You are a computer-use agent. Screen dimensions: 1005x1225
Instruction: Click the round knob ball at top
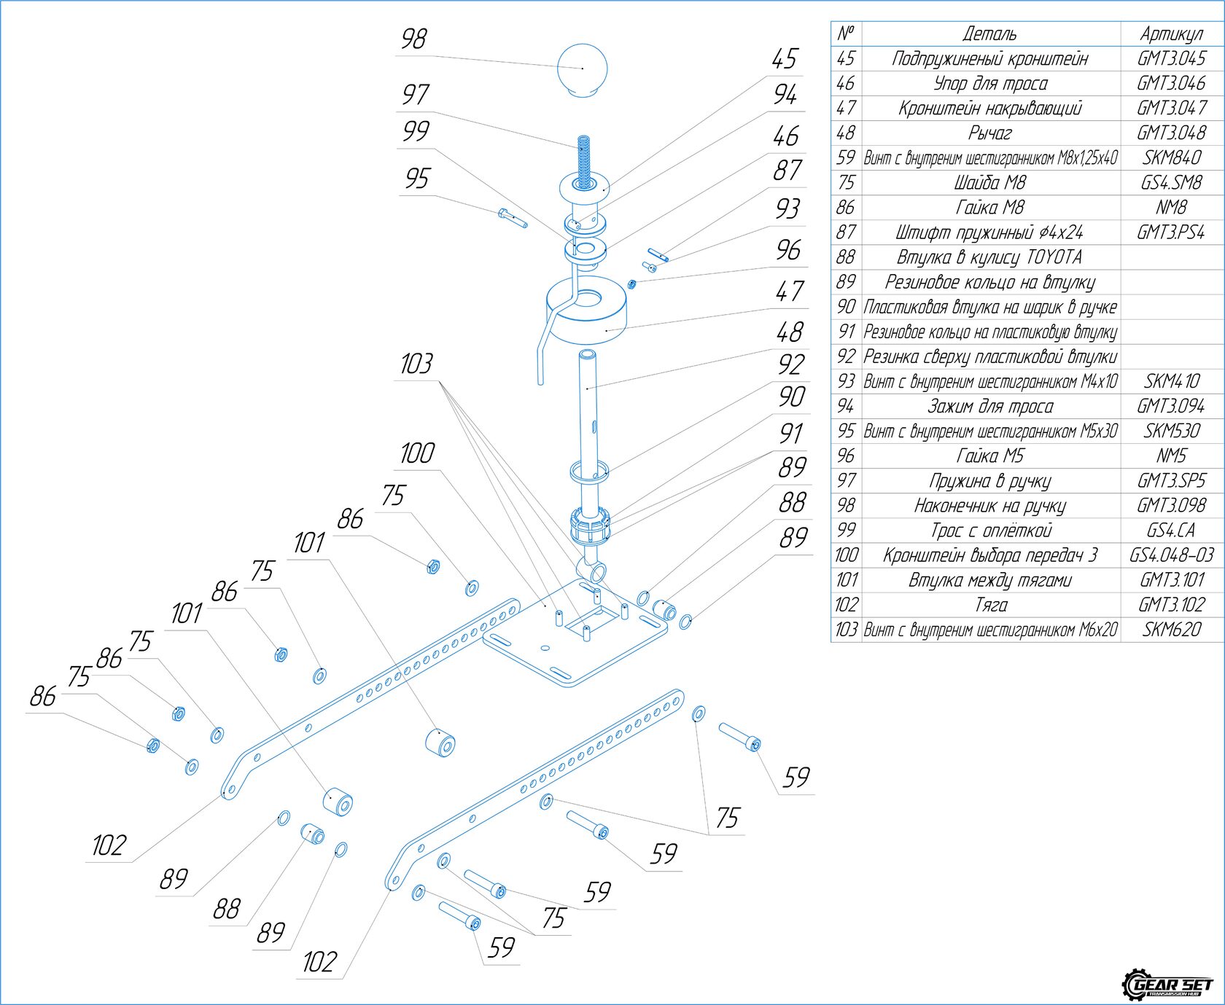pyautogui.click(x=581, y=69)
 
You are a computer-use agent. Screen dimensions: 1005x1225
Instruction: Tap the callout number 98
pyautogui.click(x=413, y=39)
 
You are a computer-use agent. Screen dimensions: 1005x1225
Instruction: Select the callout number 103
pyautogui.click(x=416, y=364)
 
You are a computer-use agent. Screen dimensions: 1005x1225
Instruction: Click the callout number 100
pyautogui.click(x=416, y=453)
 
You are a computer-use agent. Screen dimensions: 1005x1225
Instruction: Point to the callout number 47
pyautogui.click(x=789, y=292)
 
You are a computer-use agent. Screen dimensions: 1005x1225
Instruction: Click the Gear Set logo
pyautogui.click(x=1167, y=984)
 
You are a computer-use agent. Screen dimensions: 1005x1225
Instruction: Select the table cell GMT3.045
pyautogui.click(x=1171, y=58)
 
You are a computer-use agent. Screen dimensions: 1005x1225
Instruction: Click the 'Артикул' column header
pyautogui.click(x=1171, y=34)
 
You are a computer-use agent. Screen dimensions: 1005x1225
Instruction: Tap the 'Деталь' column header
pyautogui.click(x=989, y=34)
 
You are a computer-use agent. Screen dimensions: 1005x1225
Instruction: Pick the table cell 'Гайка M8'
pyautogui.click(x=989, y=208)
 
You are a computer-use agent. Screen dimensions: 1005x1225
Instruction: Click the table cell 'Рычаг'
pyautogui.click(x=989, y=133)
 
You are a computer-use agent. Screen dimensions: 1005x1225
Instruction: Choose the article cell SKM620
pyautogui.click(x=1171, y=629)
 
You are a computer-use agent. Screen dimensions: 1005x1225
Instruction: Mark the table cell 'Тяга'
pyautogui.click(x=989, y=604)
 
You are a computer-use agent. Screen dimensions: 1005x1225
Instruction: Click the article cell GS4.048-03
pyautogui.click(x=1171, y=555)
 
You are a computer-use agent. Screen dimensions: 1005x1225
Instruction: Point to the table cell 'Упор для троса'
pyautogui.click(x=989, y=83)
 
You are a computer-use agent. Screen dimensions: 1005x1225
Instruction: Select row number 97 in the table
pyautogui.click(x=846, y=480)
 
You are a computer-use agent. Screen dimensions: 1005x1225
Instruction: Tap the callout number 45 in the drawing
pyautogui.click(x=785, y=59)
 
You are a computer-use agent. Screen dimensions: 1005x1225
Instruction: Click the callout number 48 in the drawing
pyautogui.click(x=789, y=332)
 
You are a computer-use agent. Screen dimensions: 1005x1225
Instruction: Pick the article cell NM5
pyautogui.click(x=1171, y=455)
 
